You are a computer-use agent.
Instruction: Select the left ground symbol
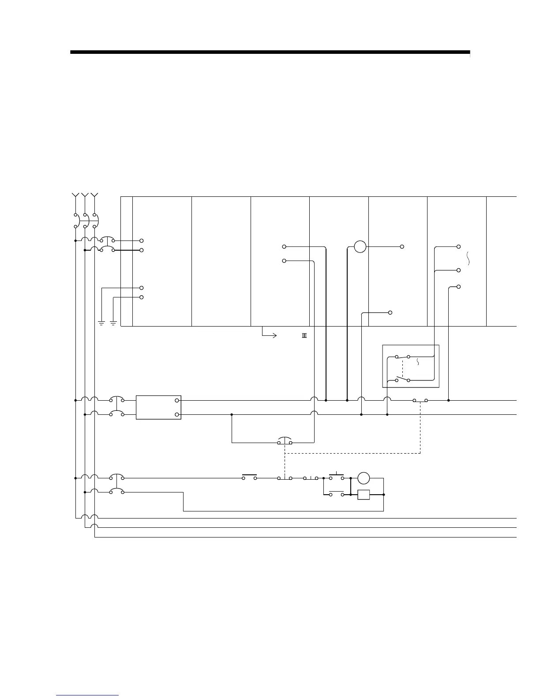tap(101, 323)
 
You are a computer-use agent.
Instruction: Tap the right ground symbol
tap(113, 323)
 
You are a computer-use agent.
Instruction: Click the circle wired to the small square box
tap(364, 478)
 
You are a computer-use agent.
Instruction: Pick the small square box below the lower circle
tap(364, 495)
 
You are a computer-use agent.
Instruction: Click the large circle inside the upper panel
tap(360, 246)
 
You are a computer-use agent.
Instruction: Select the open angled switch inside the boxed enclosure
tap(402, 379)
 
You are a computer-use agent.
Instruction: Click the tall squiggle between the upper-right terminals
tap(468, 258)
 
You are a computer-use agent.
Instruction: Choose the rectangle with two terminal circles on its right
tap(159, 407)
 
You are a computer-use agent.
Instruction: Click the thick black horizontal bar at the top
tap(270, 52)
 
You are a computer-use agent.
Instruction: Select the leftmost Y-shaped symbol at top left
tap(75, 195)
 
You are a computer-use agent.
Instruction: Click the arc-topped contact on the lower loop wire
tap(285, 441)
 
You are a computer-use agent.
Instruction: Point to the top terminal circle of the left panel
tap(142, 241)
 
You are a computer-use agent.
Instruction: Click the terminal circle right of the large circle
tap(402, 246)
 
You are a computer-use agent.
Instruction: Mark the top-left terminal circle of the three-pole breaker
tap(75, 215)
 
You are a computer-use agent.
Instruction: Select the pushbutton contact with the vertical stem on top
tap(337, 477)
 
